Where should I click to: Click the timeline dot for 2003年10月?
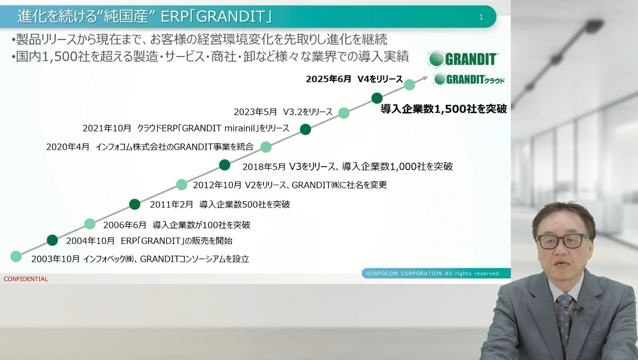pos(16,256)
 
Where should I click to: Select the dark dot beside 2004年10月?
pos(53,240)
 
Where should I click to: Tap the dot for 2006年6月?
pos(90,224)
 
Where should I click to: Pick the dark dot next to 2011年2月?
pos(135,204)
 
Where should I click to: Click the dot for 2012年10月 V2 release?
pos(182,185)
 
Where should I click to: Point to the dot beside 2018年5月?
pos(225,165)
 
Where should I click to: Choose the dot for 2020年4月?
pos(266,147)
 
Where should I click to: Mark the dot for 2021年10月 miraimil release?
pos(305,129)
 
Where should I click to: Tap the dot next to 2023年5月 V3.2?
pos(344,113)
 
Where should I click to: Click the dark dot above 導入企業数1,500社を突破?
pos(377,98)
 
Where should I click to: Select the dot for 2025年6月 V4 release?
pos(410,84)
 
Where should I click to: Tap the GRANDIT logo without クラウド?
pos(463,59)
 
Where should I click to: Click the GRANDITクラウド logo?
pos(469,80)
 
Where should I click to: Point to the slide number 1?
pos(481,18)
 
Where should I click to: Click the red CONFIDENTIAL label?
pos(25,279)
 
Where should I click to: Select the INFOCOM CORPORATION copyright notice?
pos(433,273)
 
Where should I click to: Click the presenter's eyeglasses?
pos(563,241)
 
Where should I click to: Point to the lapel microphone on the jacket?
pos(579,310)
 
